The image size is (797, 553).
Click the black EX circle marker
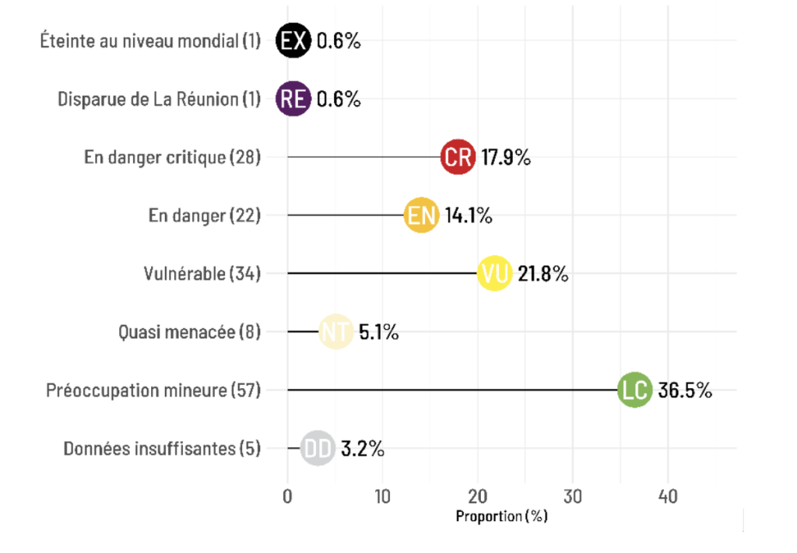[293, 41]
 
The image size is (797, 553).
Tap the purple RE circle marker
[293, 99]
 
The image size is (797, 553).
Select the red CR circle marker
[457, 157]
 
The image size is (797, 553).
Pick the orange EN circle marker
[421, 215]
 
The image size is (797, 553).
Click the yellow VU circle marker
[494, 274]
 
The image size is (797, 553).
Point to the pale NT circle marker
[335, 332]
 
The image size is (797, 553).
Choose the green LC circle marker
[634, 390]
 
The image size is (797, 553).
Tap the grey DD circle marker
[318, 449]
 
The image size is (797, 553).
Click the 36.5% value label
[685, 390]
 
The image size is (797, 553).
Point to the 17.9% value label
[505, 157]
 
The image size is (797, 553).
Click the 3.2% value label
[362, 449]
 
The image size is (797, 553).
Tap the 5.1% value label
[379, 332]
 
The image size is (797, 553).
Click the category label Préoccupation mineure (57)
[153, 390]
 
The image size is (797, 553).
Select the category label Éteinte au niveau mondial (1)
[150, 41]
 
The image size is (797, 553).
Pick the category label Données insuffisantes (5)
[162, 449]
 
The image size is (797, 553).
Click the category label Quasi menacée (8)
[189, 332]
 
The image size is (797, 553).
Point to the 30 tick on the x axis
[573, 496]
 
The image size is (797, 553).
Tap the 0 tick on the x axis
[287, 496]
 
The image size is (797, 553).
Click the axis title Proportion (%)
[501, 516]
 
